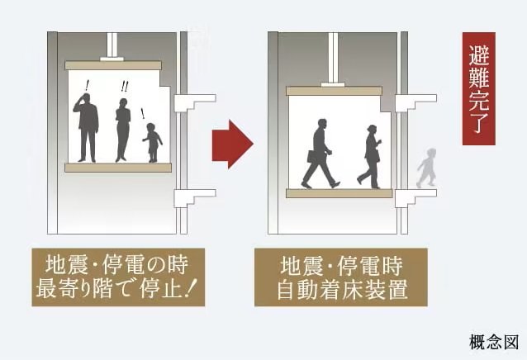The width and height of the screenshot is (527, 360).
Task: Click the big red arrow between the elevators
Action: pyautogui.click(x=231, y=143)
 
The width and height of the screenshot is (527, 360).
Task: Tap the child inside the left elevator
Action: pyautogui.click(x=152, y=142)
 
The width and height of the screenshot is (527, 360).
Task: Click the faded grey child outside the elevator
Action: pyautogui.click(x=427, y=168)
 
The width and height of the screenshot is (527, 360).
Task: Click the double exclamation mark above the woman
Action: pyautogui.click(x=125, y=87)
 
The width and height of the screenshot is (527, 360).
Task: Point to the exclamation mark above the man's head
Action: pyautogui.click(x=87, y=83)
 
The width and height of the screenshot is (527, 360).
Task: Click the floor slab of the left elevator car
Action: pyautogui.click(x=118, y=168)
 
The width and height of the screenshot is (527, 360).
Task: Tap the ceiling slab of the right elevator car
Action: pyautogui.click(x=334, y=91)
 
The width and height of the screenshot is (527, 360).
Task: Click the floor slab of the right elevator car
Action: pyautogui.click(x=339, y=193)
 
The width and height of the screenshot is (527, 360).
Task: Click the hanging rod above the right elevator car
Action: pyautogui.click(x=333, y=57)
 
